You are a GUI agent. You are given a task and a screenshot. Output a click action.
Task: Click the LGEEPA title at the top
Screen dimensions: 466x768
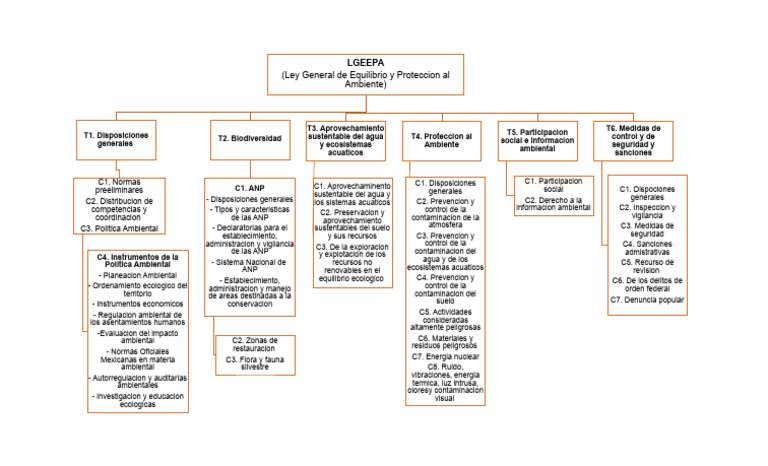(365, 62)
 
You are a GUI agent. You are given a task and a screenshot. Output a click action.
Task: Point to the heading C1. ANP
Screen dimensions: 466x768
(249, 187)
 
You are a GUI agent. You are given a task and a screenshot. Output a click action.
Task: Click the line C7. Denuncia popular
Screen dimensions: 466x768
(647, 299)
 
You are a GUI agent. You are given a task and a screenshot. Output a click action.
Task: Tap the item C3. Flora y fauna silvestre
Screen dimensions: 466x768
(255, 362)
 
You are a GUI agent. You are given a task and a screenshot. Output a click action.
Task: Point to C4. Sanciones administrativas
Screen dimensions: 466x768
(647, 247)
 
